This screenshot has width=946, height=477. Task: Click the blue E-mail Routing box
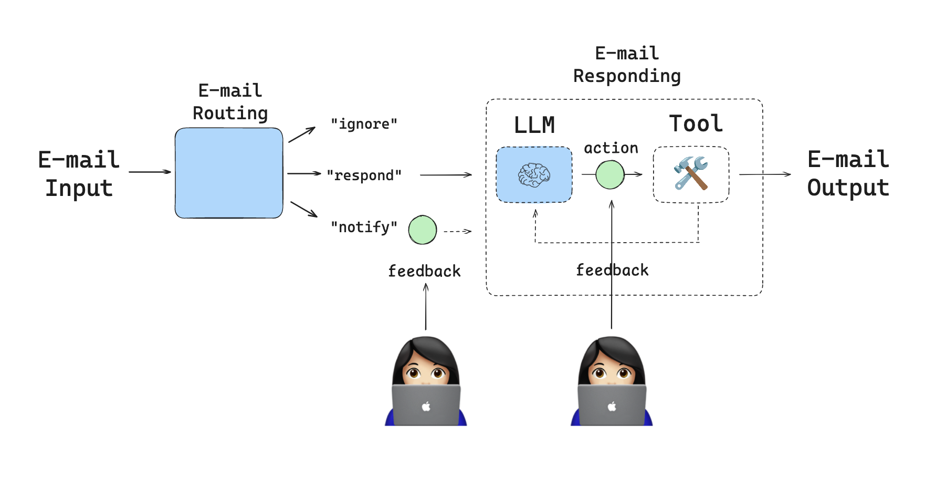coord(229,173)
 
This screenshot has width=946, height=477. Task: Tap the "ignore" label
coord(364,124)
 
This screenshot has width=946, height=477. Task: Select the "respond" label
coord(364,175)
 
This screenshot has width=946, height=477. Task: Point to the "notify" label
coord(364,227)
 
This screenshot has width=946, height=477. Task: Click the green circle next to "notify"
coord(423,230)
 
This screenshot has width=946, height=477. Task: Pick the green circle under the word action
coord(610,175)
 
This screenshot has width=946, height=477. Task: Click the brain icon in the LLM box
coord(534,175)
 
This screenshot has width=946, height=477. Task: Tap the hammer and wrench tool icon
coord(691,173)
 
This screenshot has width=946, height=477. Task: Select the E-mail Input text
coord(79,174)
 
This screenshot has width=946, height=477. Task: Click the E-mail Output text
coord(848,173)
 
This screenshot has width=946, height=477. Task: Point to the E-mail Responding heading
coord(627,65)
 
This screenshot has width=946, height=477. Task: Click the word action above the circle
coord(611,148)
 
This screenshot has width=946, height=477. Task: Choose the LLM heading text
coord(534,125)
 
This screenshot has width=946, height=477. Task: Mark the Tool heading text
coord(696,124)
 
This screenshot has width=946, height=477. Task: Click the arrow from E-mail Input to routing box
coord(150,172)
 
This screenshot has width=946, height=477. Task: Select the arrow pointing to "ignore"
coord(302,134)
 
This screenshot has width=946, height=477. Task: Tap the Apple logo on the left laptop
coord(426,406)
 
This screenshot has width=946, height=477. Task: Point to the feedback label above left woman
coord(424,271)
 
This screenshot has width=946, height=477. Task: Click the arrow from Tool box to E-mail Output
coord(764,174)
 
